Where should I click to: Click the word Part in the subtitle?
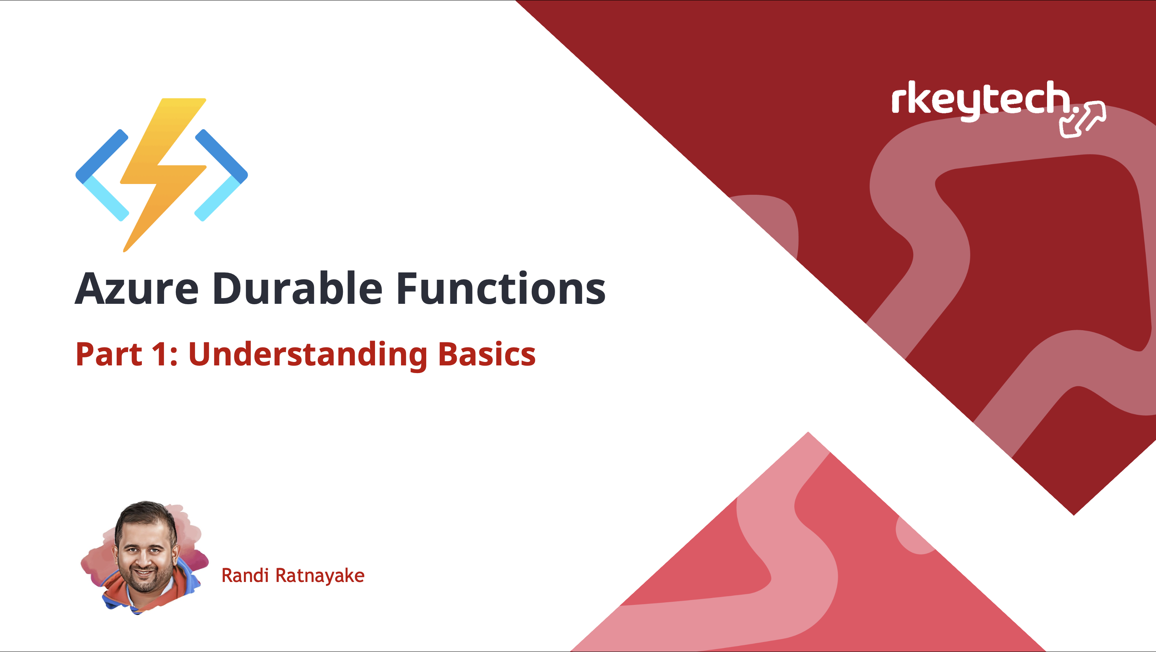pyautogui.click(x=109, y=354)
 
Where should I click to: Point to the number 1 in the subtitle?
pyautogui.click(x=159, y=354)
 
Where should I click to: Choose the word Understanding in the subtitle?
pyautogui.click(x=307, y=355)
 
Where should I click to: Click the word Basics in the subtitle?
pyautogui.click(x=487, y=354)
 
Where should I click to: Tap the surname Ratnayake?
pyautogui.click(x=320, y=576)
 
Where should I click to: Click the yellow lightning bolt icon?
pyautogui.click(x=163, y=175)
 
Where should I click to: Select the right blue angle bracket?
pyautogui.click(x=221, y=175)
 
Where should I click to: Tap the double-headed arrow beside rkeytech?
pyautogui.click(x=1082, y=119)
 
